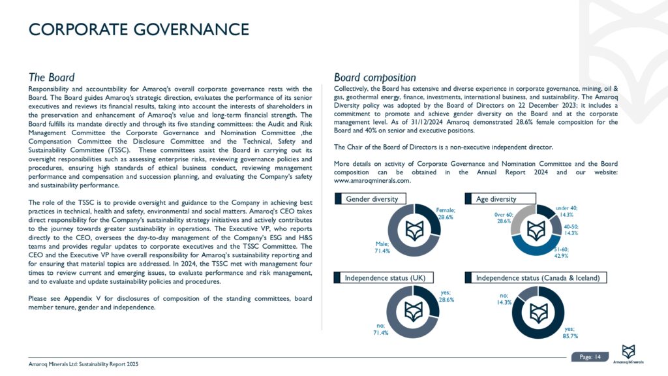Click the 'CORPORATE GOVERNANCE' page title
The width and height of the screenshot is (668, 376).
(x=139, y=29)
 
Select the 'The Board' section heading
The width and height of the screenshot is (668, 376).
(x=52, y=77)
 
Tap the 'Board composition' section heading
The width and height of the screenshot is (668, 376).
(x=374, y=77)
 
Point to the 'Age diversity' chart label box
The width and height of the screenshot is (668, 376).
(x=500, y=198)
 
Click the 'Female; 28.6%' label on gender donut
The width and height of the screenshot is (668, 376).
(x=446, y=213)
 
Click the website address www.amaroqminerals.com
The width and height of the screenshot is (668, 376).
(x=372, y=181)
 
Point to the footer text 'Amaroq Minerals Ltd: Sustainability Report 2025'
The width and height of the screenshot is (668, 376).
(x=83, y=364)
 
